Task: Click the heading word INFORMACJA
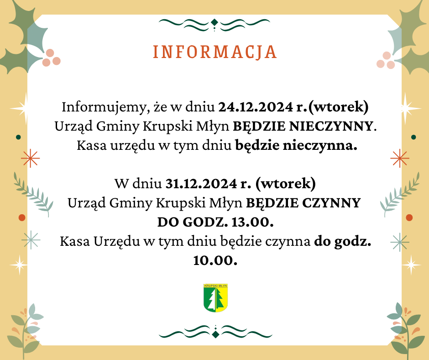[x=215, y=52]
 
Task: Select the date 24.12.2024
[x=256, y=107]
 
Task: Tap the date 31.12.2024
[x=201, y=184]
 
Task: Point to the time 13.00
[x=252, y=222]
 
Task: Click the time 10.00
[x=215, y=260]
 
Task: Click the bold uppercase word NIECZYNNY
[x=330, y=126]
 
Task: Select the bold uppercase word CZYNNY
[x=331, y=203]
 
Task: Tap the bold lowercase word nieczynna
[x=320, y=146]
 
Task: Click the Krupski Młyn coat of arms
[x=215, y=298]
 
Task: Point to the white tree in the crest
[x=211, y=300]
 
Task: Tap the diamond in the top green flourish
[x=214, y=22]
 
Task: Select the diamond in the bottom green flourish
[x=215, y=334]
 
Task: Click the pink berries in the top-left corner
[x=51, y=58]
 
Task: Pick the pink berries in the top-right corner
[x=386, y=60]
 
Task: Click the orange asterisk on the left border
[x=31, y=158]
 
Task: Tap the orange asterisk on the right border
[x=400, y=158]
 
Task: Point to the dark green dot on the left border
[x=18, y=137]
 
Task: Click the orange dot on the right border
[x=409, y=218]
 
